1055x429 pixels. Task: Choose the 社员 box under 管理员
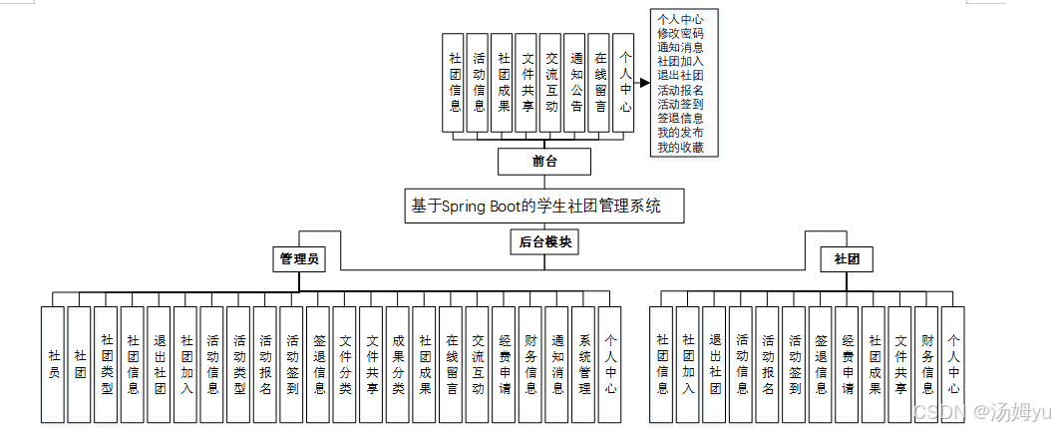tap(54, 364)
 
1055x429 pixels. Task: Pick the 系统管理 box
tap(584, 364)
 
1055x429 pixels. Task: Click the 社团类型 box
tap(107, 364)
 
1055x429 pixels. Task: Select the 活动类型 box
tap(239, 364)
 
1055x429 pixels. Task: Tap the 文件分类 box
tap(345, 364)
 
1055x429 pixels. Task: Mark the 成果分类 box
tap(398, 364)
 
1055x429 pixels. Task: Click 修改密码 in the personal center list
tap(680, 33)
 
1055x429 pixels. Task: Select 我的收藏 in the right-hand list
tap(680, 148)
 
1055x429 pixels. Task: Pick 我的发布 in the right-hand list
tap(680, 133)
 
